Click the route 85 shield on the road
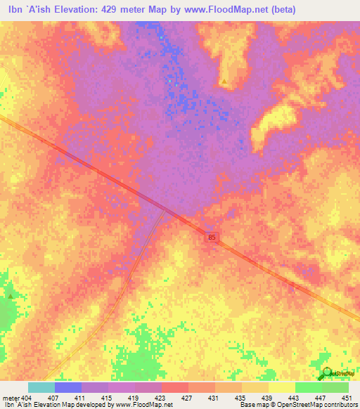[x=212, y=238]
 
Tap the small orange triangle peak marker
[x=224, y=82]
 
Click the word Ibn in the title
[x=12, y=10]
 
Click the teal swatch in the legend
[x=41, y=387]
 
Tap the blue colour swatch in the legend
[x=67, y=387]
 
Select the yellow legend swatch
[x=281, y=387]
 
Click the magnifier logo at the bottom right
[x=326, y=375]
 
